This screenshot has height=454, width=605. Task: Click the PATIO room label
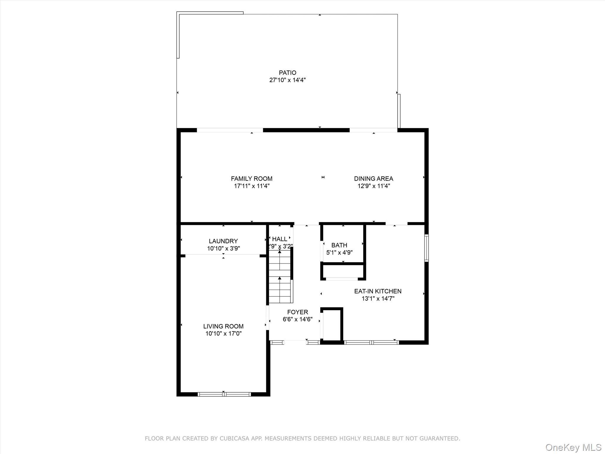(287, 73)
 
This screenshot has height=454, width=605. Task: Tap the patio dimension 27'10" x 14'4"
(287, 80)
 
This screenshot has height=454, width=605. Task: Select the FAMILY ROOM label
(252, 179)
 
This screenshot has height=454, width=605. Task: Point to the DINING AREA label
(373, 179)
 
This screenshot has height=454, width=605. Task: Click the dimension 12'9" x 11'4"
(373, 186)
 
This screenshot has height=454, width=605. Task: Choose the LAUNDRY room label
(223, 241)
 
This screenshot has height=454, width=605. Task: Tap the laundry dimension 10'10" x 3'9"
(223, 249)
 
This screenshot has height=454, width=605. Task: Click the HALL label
(279, 239)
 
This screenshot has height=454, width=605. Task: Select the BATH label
(339, 245)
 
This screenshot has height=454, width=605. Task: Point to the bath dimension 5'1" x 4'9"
(339, 253)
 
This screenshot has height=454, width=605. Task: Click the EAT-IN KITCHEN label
(378, 291)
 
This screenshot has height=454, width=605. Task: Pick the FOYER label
(297, 312)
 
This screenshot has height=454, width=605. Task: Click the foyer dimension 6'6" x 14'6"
(297, 320)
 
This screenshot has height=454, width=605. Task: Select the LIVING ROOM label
(223, 326)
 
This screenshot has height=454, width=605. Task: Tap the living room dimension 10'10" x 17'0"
(223, 334)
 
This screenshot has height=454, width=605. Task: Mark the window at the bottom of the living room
(224, 394)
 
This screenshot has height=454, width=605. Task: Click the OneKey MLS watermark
(573, 447)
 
